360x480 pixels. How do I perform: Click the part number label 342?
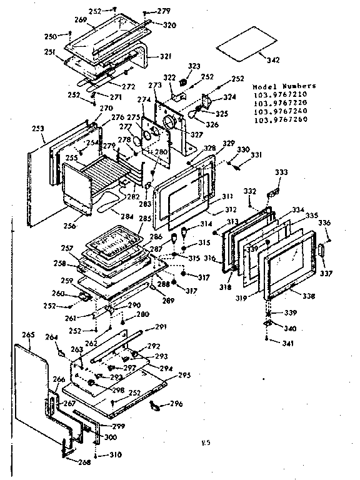(272, 61)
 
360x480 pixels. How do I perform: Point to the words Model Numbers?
(284, 86)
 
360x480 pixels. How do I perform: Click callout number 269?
(97, 20)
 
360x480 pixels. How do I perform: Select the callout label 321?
(166, 57)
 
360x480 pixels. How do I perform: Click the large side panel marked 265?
(31, 387)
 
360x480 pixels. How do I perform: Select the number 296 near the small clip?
(177, 404)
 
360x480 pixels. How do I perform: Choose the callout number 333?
(281, 171)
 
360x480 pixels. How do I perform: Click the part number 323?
(195, 66)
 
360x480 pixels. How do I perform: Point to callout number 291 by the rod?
(161, 327)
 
